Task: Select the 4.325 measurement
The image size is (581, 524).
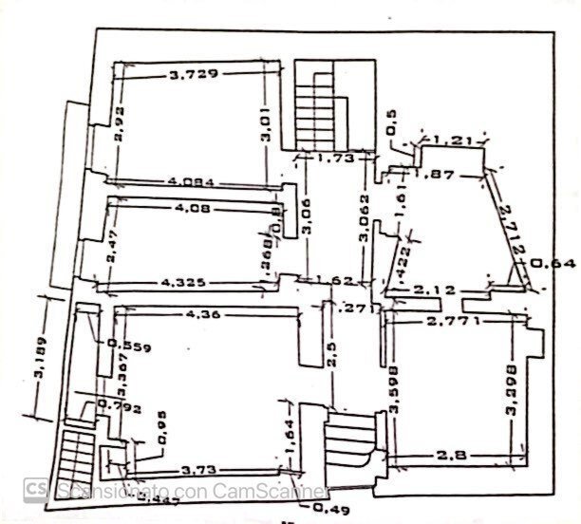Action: [186, 282]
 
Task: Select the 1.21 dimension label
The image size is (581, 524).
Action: [451, 140]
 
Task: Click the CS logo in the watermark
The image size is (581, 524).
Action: [36, 488]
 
